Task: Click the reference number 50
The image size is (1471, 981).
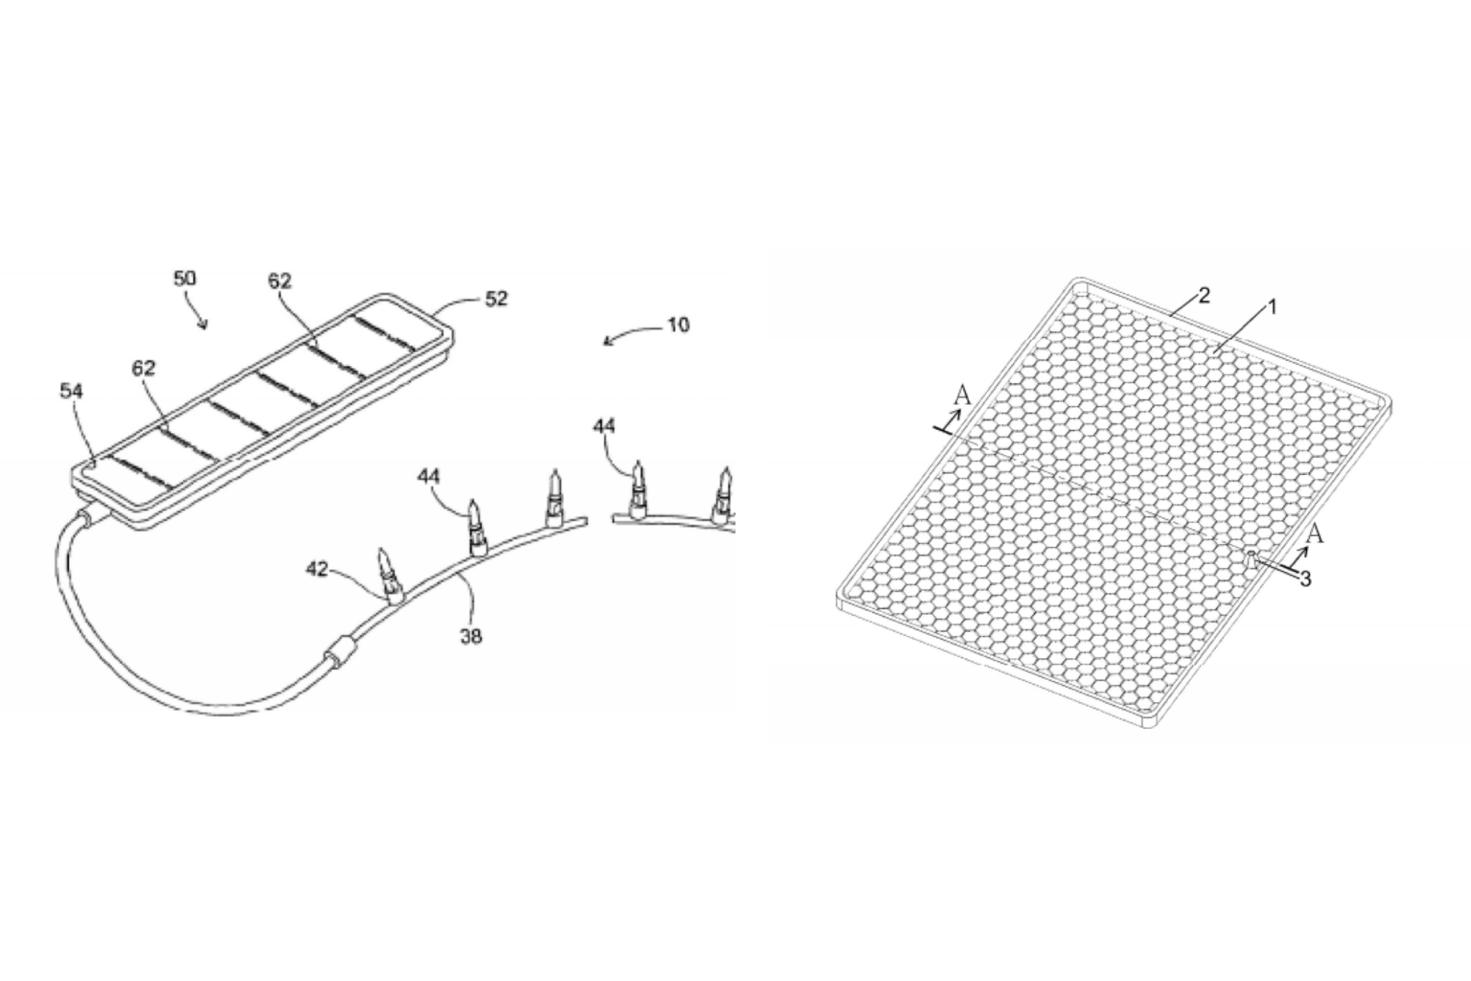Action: click(x=185, y=279)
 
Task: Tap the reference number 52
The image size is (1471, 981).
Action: click(x=496, y=298)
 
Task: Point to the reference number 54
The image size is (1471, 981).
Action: click(x=71, y=392)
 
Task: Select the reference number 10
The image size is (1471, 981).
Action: click(x=677, y=325)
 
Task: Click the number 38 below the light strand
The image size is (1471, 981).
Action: click(x=470, y=635)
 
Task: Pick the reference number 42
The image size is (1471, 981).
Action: click(x=317, y=569)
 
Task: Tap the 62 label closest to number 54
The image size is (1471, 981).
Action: click(x=144, y=369)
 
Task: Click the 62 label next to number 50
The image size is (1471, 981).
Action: click(x=280, y=282)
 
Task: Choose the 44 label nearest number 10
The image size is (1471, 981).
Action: click(x=604, y=426)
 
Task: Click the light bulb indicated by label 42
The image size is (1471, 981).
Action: click(x=388, y=575)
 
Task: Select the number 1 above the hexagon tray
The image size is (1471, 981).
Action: click(x=1272, y=308)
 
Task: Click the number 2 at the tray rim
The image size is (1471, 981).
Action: click(x=1205, y=295)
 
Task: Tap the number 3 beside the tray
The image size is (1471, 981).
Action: click(x=1306, y=579)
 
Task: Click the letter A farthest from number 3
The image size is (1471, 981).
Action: click(x=962, y=395)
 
